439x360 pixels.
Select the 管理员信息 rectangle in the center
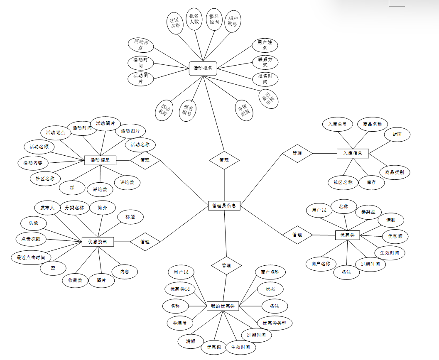224,205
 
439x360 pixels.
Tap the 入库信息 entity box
353,153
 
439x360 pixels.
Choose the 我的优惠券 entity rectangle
223,306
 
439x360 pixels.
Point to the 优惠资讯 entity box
98,242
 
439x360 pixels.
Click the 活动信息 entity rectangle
100,159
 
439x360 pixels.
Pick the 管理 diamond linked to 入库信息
297,153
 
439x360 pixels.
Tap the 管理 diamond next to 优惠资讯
145,242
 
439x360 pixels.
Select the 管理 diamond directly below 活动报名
224,160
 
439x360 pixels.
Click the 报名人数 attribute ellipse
194,19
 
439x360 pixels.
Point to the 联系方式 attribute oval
265,62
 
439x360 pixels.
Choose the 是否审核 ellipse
269,98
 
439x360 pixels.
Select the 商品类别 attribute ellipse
395,172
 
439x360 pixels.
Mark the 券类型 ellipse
368,211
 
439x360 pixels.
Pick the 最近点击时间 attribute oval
31,257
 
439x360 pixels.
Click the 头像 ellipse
34,223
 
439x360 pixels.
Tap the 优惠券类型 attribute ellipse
275,323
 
